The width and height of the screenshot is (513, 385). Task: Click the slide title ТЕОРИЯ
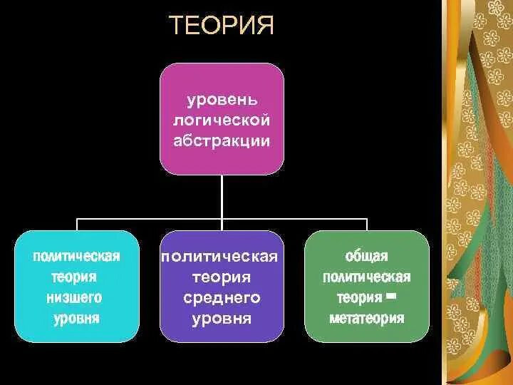pos(222,27)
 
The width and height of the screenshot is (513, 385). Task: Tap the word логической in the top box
pos(222,118)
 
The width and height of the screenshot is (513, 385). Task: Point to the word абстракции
pos(222,140)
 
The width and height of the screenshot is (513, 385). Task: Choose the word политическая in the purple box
pos(222,256)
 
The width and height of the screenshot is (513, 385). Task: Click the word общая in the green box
pos(366,256)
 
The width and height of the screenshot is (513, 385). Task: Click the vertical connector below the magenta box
pos(222,196)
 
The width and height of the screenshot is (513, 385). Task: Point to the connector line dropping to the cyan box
pos(77,224)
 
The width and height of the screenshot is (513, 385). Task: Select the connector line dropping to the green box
pos(366,224)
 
